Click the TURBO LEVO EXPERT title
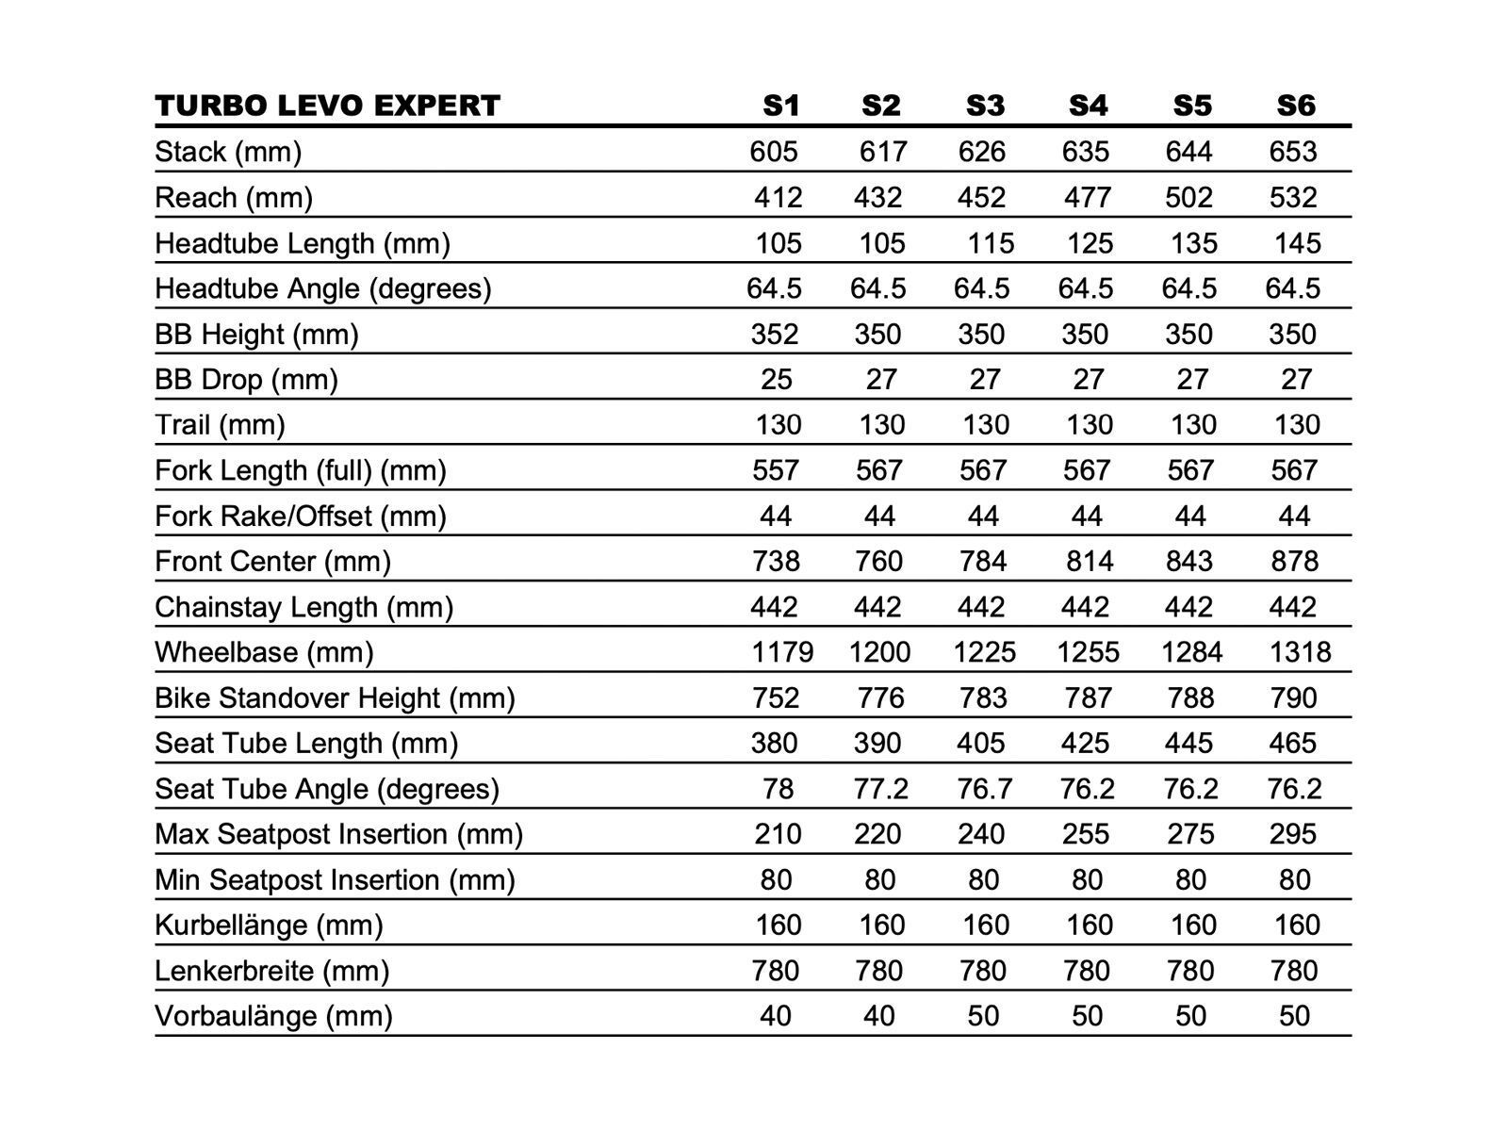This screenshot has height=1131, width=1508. [x=327, y=106]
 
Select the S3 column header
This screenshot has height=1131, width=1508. [x=985, y=106]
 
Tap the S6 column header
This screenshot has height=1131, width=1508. [x=1295, y=106]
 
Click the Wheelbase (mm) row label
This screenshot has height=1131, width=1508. [x=264, y=652]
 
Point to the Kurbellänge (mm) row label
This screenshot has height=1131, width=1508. [x=269, y=925]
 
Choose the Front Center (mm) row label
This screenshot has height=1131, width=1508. [x=272, y=562]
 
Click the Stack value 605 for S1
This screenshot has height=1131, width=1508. [x=774, y=152]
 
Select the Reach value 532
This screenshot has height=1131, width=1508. [x=1293, y=198]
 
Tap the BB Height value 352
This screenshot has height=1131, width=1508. [x=775, y=335]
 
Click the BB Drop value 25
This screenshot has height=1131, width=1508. [x=777, y=380]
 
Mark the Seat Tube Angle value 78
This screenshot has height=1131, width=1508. [x=778, y=789]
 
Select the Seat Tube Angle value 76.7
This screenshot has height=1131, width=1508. [x=985, y=789]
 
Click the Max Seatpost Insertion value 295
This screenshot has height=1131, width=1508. [x=1293, y=834]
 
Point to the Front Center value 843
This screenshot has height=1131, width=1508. [x=1189, y=562]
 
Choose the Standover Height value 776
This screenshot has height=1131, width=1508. [x=880, y=698]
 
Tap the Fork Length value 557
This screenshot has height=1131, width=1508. [x=776, y=470]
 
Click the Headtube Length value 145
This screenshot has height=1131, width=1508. [x=1297, y=243]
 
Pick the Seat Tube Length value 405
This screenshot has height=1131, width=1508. [x=981, y=744]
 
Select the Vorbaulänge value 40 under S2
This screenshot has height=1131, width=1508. [x=879, y=1016]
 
